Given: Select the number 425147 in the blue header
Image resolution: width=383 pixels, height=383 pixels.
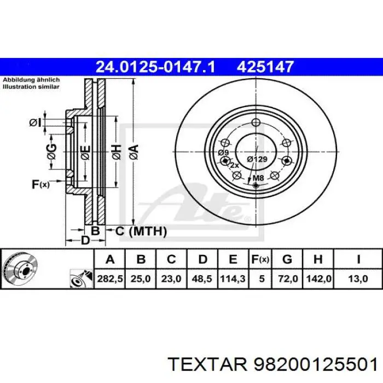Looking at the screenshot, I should coord(265,67).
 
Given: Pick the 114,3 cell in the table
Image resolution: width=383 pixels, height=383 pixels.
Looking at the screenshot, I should coord(233,278).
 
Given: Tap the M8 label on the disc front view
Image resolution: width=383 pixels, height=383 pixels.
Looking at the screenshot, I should coord(257,177).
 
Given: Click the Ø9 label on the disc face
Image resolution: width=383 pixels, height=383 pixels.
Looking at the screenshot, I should coord(223,152).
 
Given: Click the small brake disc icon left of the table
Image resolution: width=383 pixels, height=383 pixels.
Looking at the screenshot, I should coord(19,269).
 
